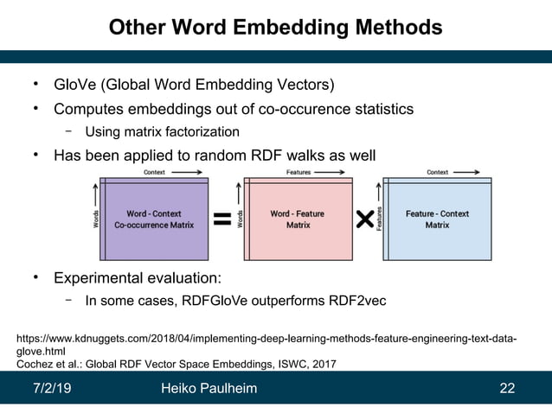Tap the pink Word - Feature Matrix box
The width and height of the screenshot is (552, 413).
tap(298, 219)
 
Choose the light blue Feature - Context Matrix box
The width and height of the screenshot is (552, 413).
tap(438, 219)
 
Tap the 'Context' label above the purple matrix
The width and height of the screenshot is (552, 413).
tap(154, 173)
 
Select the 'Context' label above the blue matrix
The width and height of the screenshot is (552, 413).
tap(437, 173)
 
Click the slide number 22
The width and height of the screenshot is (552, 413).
tap(508, 389)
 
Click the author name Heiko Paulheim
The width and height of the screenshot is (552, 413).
tap(209, 389)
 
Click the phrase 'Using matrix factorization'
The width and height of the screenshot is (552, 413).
tap(162, 132)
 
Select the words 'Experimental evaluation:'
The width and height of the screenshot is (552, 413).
tap(138, 278)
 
